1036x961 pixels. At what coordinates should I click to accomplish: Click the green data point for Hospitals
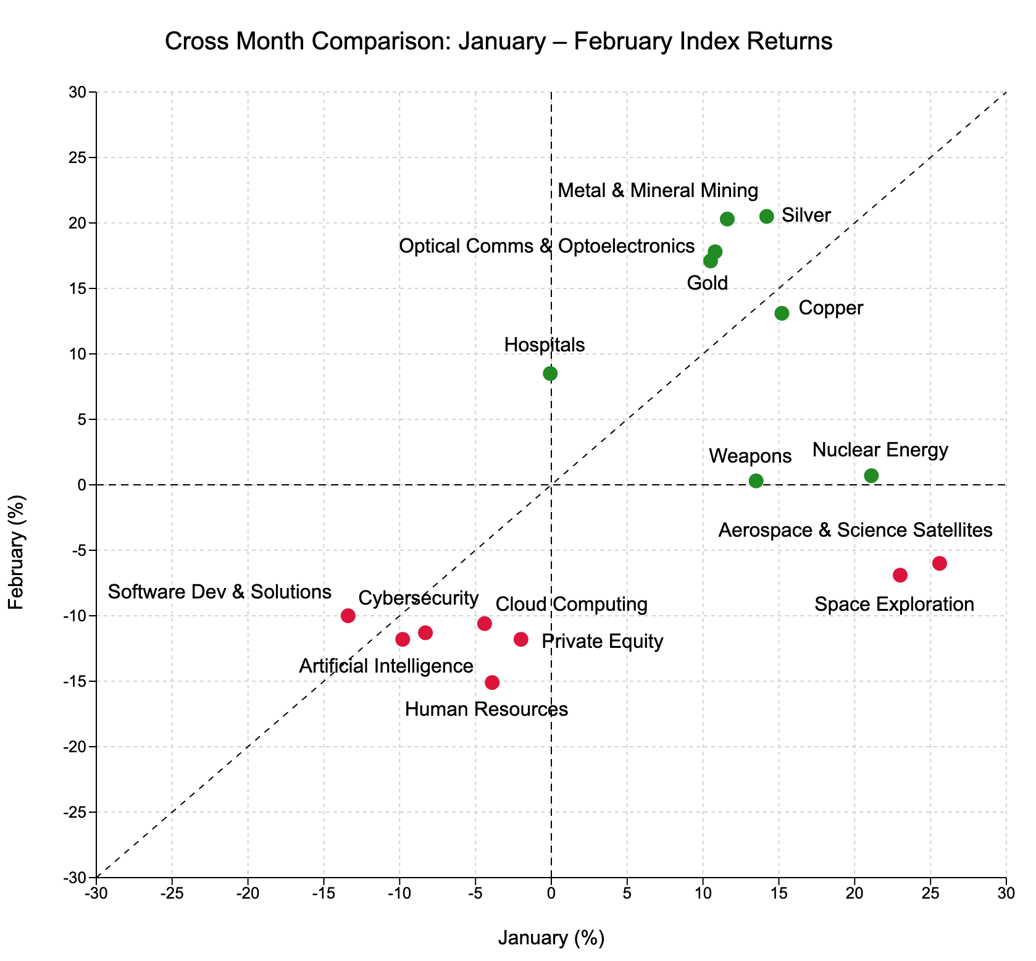550,374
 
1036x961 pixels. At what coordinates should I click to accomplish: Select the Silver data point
766,216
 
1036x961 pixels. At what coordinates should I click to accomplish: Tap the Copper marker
782,313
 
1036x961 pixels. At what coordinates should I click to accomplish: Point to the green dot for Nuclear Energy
871,476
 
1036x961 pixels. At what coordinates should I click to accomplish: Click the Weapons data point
756,480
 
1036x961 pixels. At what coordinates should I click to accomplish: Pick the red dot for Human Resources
492,682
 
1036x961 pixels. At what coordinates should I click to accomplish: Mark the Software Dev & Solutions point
348,616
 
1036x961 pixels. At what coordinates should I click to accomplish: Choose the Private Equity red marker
521,639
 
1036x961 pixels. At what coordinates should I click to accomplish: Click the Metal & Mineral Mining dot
727,219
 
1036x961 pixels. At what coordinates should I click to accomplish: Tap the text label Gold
708,283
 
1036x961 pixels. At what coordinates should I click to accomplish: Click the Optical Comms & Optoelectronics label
546,246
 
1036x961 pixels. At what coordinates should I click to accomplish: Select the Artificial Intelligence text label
386,666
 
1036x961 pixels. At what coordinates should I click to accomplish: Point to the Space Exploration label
894,604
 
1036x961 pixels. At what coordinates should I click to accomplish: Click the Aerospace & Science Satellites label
855,530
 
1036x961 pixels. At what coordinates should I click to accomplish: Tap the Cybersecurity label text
418,598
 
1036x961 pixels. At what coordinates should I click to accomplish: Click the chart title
499,41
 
